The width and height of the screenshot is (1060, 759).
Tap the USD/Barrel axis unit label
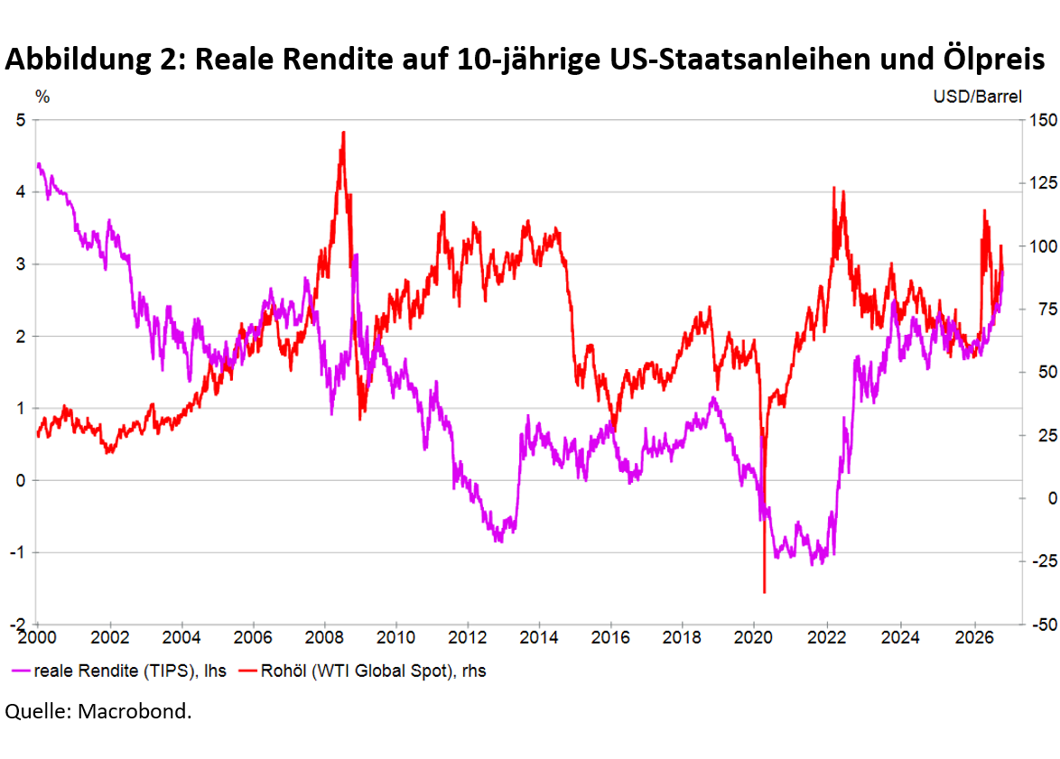tap(978, 97)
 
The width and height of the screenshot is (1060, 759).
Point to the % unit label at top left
tap(42, 97)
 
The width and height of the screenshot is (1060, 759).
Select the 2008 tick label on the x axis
tap(324, 637)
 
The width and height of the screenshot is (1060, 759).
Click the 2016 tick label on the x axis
tap(610, 637)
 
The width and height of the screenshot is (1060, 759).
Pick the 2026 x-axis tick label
tap(974, 637)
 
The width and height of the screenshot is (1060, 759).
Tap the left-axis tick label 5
tap(21, 120)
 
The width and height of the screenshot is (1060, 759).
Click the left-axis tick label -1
tap(17, 552)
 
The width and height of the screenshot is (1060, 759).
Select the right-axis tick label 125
tap(1043, 183)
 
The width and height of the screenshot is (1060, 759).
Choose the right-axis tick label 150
tap(1043, 120)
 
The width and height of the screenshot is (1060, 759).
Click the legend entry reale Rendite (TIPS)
tap(119, 671)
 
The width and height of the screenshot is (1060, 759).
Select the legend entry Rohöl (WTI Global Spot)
tap(364, 671)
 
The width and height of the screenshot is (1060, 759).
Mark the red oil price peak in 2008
tap(343, 133)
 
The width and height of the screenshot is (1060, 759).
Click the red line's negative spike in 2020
tap(765, 592)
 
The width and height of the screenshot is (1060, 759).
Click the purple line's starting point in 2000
tap(38, 164)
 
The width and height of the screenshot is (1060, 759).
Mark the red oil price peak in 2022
tap(833, 188)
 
